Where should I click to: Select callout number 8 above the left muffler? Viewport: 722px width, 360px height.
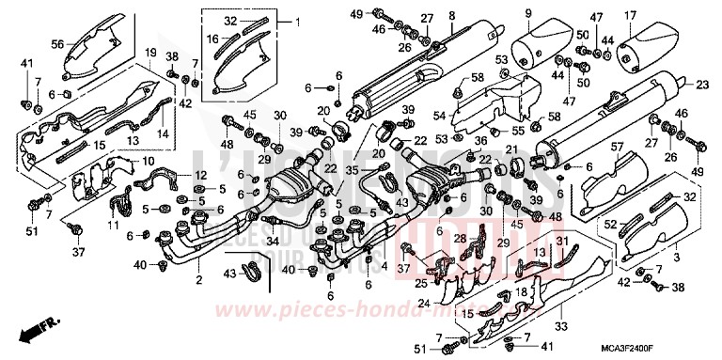click(x=451, y=14)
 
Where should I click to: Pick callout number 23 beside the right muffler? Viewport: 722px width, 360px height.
click(x=701, y=86)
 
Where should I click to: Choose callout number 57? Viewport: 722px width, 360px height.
click(x=618, y=147)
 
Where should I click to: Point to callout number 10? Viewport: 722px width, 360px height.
click(x=149, y=162)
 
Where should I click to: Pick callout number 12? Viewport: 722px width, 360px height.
click(x=199, y=176)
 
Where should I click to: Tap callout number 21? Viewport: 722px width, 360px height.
click(x=511, y=150)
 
